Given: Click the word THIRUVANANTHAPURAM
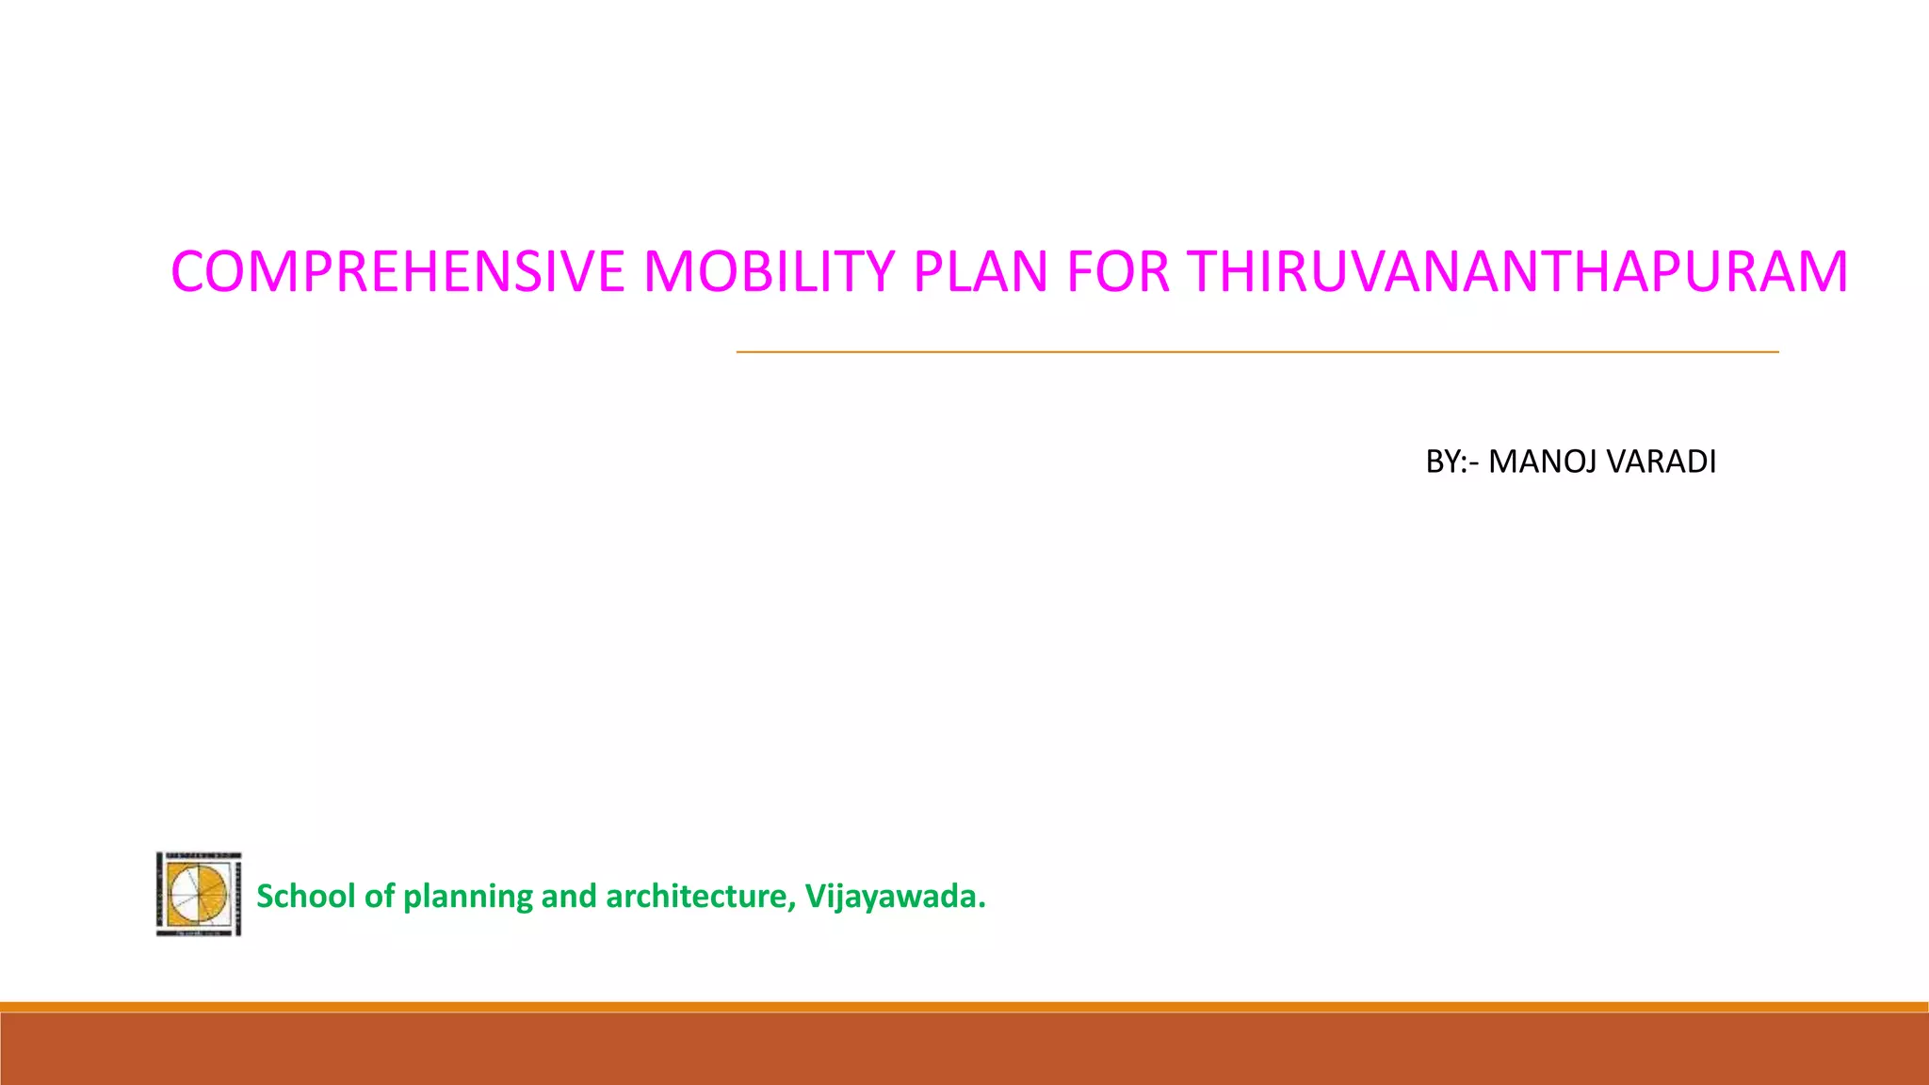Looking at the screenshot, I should (x=1517, y=272).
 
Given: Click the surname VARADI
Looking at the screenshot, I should (x=1661, y=462).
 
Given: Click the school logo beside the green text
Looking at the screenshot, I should (x=199, y=894).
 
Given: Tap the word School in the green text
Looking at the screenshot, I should (x=306, y=896).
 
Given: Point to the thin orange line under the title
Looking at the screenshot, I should (x=1256, y=352).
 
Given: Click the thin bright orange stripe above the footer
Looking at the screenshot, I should (x=964, y=1007).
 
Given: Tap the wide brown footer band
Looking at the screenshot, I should (x=964, y=1049).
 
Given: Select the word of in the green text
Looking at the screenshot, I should (x=379, y=896).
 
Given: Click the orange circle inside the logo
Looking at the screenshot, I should (x=199, y=893).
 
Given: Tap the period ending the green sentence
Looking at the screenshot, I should (x=982, y=906).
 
